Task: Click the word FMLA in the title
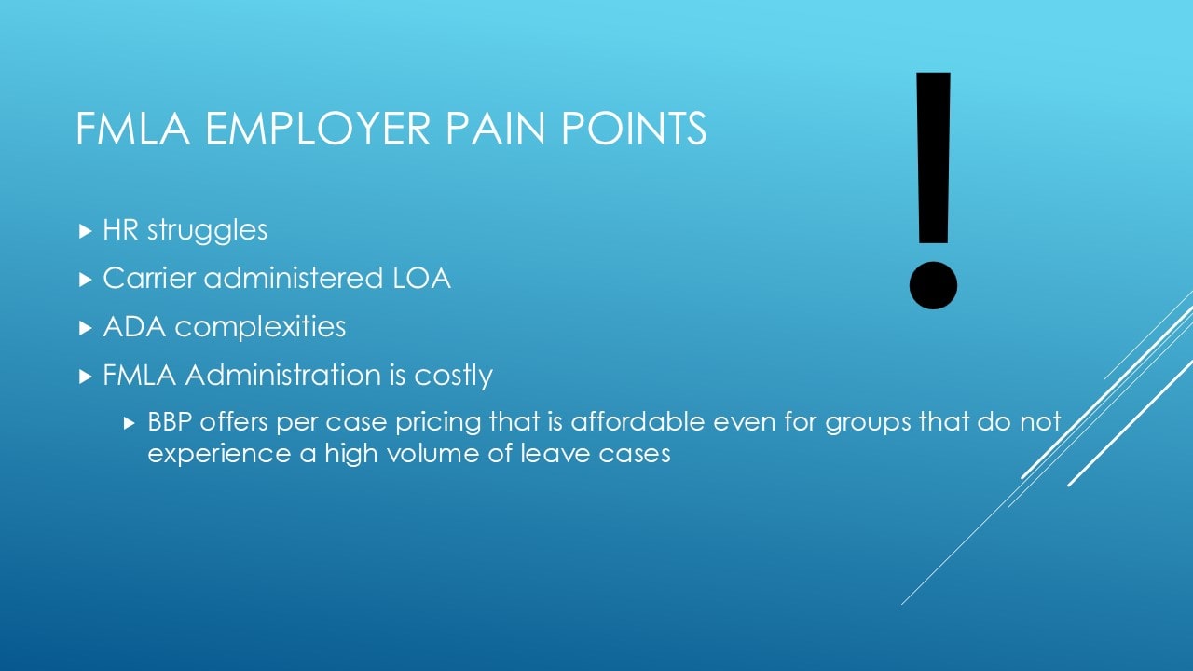click(x=132, y=128)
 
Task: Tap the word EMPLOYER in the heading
click(x=318, y=128)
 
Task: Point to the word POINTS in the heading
click(x=634, y=128)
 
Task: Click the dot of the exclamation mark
click(x=933, y=285)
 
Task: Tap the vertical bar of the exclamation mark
click(x=933, y=157)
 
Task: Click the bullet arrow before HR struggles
click(x=85, y=231)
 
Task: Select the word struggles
click(x=207, y=231)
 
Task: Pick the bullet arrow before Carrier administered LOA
click(x=85, y=279)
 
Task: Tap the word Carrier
click(x=149, y=278)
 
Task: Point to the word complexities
click(x=260, y=327)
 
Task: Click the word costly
click(x=453, y=376)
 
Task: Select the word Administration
click(x=283, y=375)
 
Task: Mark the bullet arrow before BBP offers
click(x=130, y=423)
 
